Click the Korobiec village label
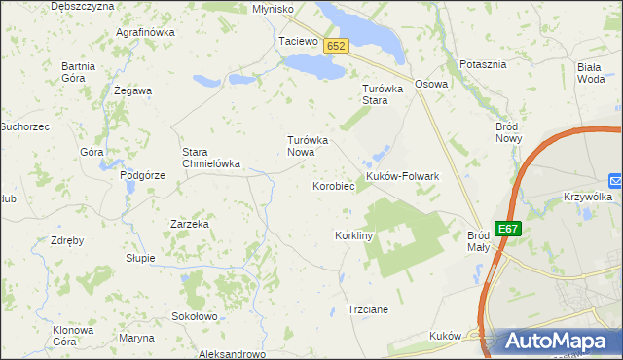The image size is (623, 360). click(332, 185)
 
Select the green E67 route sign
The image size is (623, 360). click(507, 229)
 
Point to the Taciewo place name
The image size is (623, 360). click(299, 42)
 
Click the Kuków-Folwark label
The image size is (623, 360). click(403, 176)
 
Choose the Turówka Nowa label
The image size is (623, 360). click(308, 146)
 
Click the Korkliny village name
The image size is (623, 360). click(354, 236)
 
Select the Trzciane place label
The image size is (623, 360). click(368, 309)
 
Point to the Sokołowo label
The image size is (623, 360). click(194, 316)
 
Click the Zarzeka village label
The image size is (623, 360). click(190, 224)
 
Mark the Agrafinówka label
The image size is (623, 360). click(144, 32)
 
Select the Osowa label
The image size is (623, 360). click(431, 84)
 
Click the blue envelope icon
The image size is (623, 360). click(615, 180)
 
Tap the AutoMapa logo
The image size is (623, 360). click(551, 342)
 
